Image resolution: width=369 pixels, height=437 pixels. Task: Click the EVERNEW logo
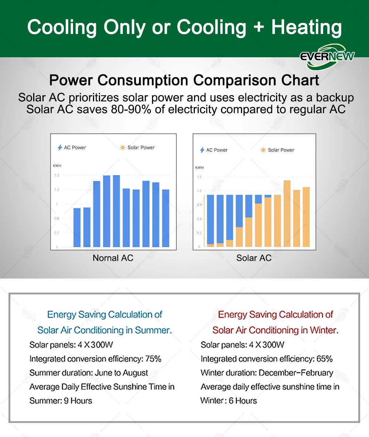[x=327, y=57]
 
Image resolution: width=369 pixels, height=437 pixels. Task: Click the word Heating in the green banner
[x=306, y=27]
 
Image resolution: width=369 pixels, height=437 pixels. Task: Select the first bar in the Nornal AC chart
[x=77, y=227]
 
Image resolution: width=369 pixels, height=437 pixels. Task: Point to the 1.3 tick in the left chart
[x=57, y=175]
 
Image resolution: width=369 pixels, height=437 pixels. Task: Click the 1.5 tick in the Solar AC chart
[x=199, y=177]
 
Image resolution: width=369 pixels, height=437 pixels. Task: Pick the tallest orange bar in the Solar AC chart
[x=287, y=213]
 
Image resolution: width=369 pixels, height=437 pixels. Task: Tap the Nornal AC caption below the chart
[x=113, y=258]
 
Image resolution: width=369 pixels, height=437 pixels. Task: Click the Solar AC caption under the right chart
[x=254, y=258]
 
